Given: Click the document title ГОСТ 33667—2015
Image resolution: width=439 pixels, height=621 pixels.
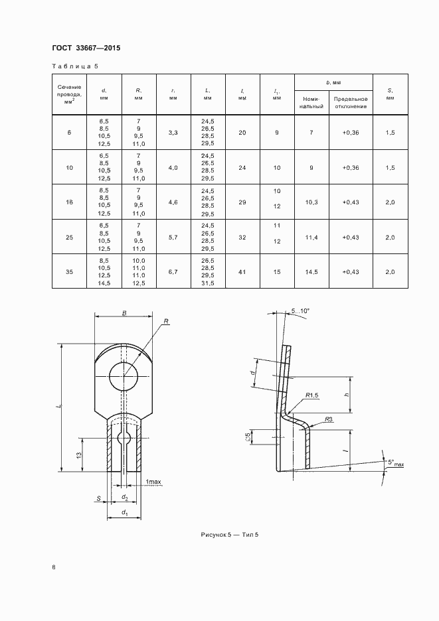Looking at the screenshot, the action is (x=86, y=48).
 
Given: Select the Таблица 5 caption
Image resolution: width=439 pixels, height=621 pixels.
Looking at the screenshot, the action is (x=75, y=66).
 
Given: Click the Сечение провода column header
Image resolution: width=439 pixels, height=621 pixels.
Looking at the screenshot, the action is (x=69, y=94).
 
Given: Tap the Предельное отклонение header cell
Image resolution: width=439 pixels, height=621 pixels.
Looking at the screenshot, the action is (x=351, y=103).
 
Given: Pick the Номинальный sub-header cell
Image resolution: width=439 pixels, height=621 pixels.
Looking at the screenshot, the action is (x=311, y=103).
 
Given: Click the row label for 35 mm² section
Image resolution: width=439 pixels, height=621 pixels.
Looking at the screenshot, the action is (x=69, y=272).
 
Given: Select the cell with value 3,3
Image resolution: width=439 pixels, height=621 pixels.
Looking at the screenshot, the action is (x=173, y=133).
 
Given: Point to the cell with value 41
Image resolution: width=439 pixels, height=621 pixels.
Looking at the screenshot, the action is (x=242, y=272).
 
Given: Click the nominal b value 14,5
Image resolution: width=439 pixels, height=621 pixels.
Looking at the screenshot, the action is (x=311, y=272).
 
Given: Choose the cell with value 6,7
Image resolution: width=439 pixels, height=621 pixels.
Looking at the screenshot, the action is (x=173, y=272).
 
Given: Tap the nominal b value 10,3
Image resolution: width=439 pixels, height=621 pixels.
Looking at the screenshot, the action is (x=311, y=202).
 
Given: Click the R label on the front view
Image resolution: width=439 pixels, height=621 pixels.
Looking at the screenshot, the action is (x=166, y=322).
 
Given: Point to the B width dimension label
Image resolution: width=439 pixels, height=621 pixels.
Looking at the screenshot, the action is (x=124, y=313).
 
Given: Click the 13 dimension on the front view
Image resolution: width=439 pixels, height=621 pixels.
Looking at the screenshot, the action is (x=79, y=454).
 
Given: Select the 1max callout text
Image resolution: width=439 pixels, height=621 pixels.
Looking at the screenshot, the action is (x=153, y=482).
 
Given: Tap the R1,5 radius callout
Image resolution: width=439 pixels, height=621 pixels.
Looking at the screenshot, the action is (x=312, y=395).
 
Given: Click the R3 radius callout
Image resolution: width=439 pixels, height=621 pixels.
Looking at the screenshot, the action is (x=328, y=419).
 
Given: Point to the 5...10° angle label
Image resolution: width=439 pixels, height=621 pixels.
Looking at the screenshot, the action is (x=300, y=311).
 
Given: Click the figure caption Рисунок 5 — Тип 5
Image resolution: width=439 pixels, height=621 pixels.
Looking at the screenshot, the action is (x=230, y=535).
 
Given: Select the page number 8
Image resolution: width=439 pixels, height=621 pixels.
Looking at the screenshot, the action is (x=54, y=567).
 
